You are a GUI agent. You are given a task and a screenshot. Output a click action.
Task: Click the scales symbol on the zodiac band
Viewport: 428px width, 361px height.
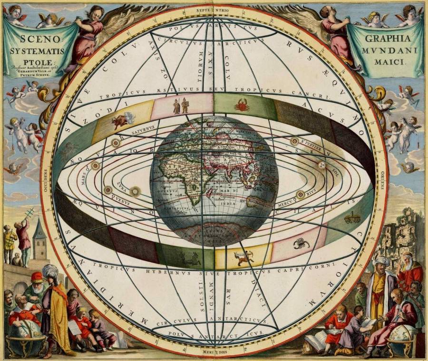pyautogui.click(x=352, y=218)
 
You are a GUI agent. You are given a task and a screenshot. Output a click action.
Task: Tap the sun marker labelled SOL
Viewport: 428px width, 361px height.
pyautogui.click(x=322, y=165)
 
